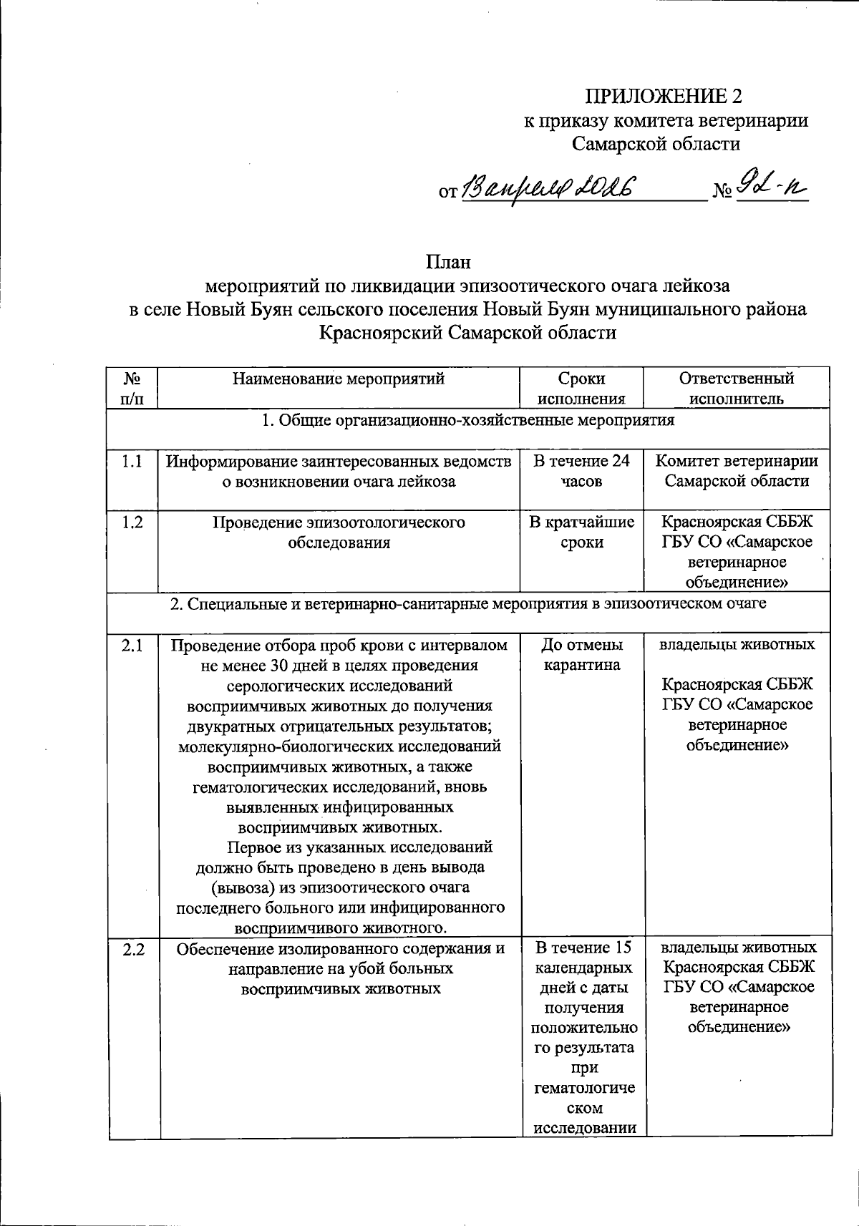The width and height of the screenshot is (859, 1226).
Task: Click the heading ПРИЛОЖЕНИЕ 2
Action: pyautogui.click(x=665, y=96)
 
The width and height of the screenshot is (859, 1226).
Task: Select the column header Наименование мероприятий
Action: pyautogui.click(x=339, y=379)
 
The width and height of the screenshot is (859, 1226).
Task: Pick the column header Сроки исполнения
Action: pyautogui.click(x=581, y=388)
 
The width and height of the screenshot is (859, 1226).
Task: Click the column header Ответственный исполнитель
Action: pyautogui.click(x=737, y=388)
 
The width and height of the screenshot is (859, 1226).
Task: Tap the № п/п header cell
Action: pyautogui.click(x=132, y=388)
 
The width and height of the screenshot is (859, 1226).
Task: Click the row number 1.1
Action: pyautogui.click(x=132, y=462)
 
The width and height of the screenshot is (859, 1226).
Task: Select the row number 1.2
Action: pyautogui.click(x=132, y=522)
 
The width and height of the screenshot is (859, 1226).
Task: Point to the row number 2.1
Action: pyautogui.click(x=132, y=646)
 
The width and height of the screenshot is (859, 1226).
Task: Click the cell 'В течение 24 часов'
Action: pyautogui.click(x=581, y=471)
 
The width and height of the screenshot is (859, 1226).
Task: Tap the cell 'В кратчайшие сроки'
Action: pyautogui.click(x=581, y=532)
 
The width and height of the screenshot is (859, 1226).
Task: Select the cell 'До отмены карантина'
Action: pyautogui.click(x=581, y=655)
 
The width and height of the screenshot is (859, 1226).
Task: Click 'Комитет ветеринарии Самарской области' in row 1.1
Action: pyautogui.click(x=737, y=471)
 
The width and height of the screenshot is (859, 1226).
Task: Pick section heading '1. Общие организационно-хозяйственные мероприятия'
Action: pyautogui.click(x=468, y=420)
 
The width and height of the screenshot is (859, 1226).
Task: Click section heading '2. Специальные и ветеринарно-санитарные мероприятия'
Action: pyautogui.click(x=468, y=603)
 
